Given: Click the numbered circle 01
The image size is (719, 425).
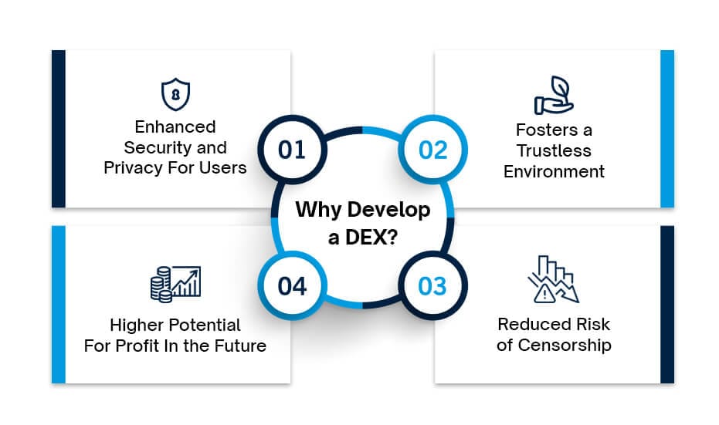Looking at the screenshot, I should (292, 150).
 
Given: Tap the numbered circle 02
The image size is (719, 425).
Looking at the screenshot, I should (432, 150).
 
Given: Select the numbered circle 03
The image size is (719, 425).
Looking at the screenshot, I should (432, 287).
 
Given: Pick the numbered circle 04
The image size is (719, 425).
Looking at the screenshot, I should (292, 287).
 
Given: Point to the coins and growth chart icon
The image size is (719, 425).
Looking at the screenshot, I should (175, 283).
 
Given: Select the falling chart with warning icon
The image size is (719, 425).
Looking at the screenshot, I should (554, 279).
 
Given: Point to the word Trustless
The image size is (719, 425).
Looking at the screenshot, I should (554, 150).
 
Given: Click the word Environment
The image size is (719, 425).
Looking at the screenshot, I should (554, 171).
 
